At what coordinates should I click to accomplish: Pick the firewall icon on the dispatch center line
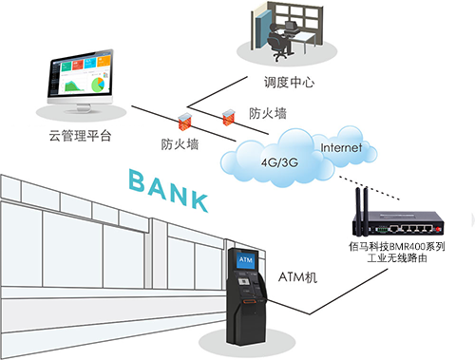[228, 117]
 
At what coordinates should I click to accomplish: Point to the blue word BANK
[168, 189]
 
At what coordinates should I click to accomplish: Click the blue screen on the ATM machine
[244, 259]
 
